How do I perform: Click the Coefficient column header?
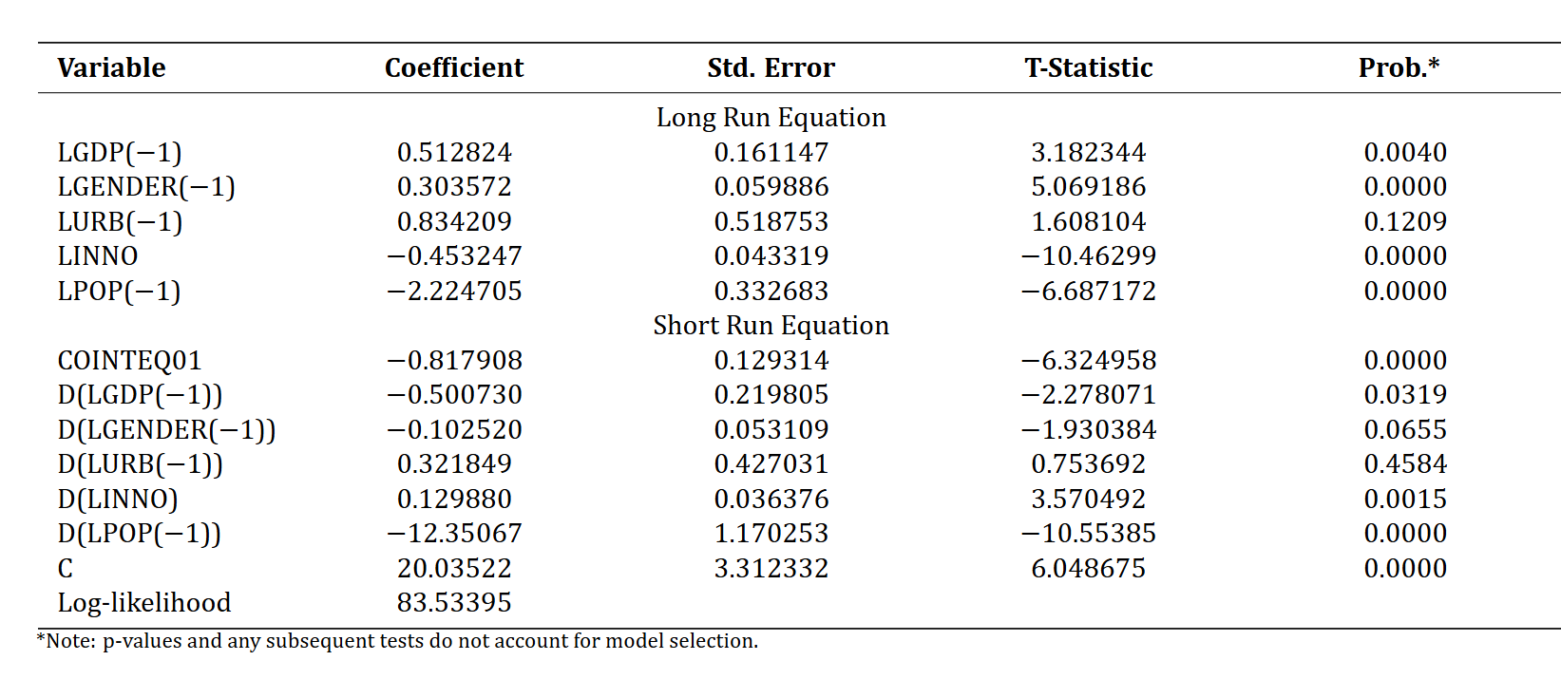[453, 67]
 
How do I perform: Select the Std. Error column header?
[771, 67]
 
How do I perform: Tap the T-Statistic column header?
[1088, 67]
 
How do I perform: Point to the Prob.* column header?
[1399, 66]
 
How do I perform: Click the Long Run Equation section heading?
[771, 117]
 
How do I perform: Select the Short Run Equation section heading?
[771, 326]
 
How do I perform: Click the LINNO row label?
[98, 255]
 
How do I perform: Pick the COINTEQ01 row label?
[129, 360]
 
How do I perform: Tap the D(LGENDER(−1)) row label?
[166, 429]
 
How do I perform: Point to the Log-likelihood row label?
[144, 603]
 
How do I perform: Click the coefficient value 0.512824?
[454, 152]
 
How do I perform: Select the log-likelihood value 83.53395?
[454, 603]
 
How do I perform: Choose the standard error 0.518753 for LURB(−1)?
[771, 221]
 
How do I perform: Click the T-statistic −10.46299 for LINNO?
[1089, 255]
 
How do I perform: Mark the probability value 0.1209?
[1405, 221]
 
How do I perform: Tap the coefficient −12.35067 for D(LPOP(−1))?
[454, 533]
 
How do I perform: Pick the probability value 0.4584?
[1405, 464]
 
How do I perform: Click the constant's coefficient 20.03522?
[454, 568]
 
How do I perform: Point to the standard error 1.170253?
[771, 533]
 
